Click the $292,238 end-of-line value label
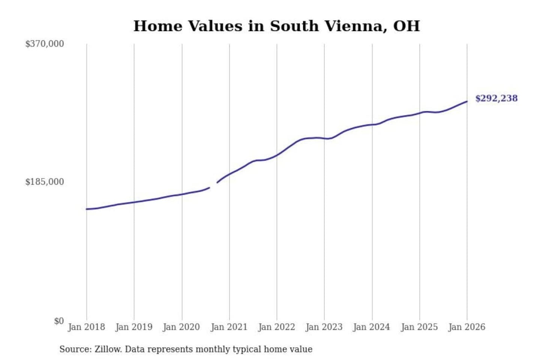[x=496, y=98]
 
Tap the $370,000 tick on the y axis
[x=45, y=44]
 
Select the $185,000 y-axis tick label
[x=45, y=182]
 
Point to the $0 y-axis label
[x=59, y=321]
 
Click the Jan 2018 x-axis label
[x=86, y=327]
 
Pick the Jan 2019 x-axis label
[x=134, y=327]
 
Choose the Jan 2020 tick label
[x=181, y=327]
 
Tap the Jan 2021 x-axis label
[x=229, y=327]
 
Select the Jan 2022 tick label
[x=277, y=327]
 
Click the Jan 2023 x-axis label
[x=324, y=327]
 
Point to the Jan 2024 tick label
[x=372, y=327]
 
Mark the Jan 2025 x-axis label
[x=419, y=327]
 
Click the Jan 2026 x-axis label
[x=467, y=327]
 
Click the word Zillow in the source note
[x=108, y=349]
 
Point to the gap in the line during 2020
[x=213, y=185]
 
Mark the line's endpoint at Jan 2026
[x=467, y=101]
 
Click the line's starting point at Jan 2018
[x=87, y=209]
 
